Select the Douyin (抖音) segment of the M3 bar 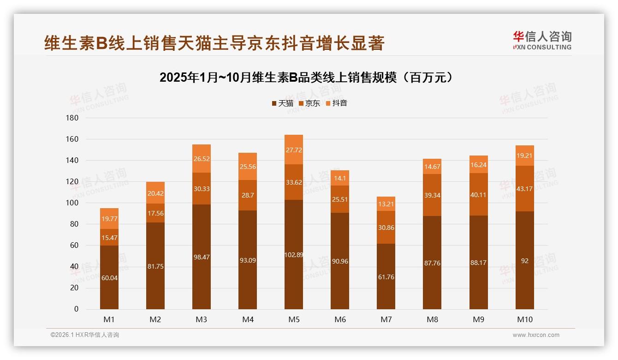point(202,158)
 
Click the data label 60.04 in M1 point(109,277)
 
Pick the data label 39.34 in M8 point(432,195)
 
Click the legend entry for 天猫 point(283,103)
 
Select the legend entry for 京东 point(309,103)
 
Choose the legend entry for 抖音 point(336,103)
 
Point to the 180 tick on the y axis point(73,118)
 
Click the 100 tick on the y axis point(73,203)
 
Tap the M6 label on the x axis point(340,319)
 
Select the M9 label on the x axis point(478,319)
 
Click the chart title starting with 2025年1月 point(308,78)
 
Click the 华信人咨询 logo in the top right point(542,40)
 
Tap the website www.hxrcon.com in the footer point(536,335)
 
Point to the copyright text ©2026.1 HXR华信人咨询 point(85,335)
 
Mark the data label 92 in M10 point(524,261)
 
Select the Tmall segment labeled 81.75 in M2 point(155,266)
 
